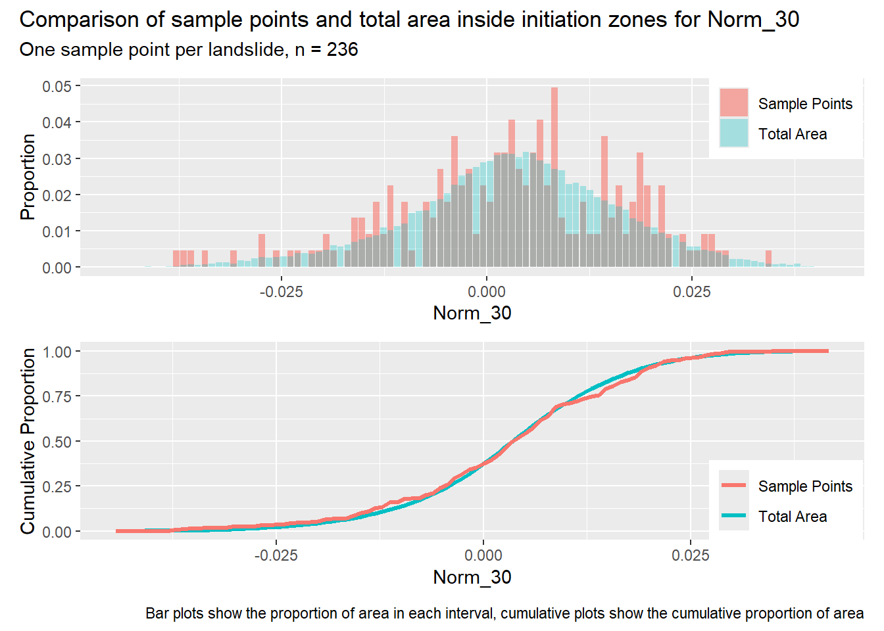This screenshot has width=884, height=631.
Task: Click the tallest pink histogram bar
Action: pyautogui.click(x=554, y=177)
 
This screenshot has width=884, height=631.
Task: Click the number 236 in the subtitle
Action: pyautogui.click(x=342, y=50)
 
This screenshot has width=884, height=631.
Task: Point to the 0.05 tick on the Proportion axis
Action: pyautogui.click(x=57, y=86)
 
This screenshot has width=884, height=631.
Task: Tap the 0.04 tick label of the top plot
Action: pyautogui.click(x=57, y=122)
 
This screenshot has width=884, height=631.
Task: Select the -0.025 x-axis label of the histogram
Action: pyautogui.click(x=281, y=292)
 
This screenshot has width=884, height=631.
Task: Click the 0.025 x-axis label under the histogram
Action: pyautogui.click(x=692, y=292)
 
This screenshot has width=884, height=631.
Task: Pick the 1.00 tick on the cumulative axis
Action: pyautogui.click(x=57, y=352)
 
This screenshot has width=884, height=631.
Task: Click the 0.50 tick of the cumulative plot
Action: pyautogui.click(x=57, y=441)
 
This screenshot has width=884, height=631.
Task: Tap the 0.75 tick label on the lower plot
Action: pyautogui.click(x=57, y=396)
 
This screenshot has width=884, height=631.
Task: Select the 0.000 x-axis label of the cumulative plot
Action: pyautogui.click(x=483, y=555)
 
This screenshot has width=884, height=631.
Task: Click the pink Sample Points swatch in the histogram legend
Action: pyautogui.click(x=733, y=103)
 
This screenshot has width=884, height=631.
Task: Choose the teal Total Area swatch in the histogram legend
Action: pyautogui.click(x=733, y=133)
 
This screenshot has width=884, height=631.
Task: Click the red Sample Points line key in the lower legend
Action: pyautogui.click(x=733, y=485)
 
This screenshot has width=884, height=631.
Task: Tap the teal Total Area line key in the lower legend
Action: pyautogui.click(x=733, y=515)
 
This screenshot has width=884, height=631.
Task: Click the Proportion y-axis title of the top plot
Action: pyautogui.click(x=28, y=177)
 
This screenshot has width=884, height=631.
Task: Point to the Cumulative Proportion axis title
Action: pyautogui.click(x=28, y=441)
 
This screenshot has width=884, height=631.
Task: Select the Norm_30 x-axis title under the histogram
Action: pyautogui.click(x=472, y=313)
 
